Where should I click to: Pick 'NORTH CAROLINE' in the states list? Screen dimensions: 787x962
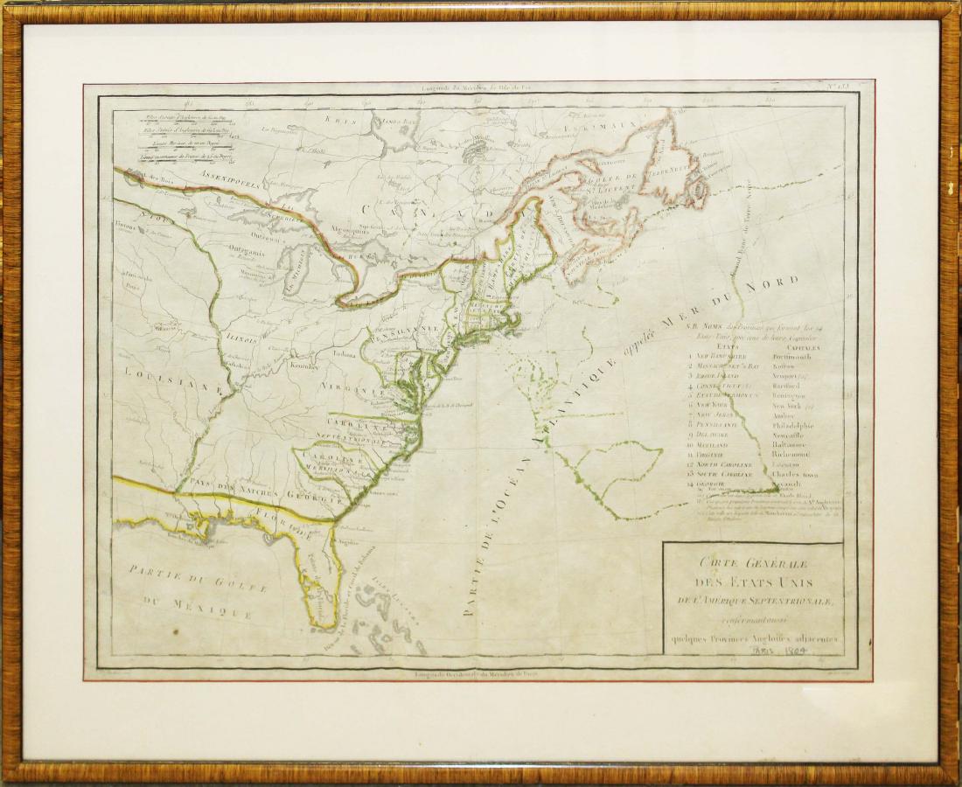(727, 463)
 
